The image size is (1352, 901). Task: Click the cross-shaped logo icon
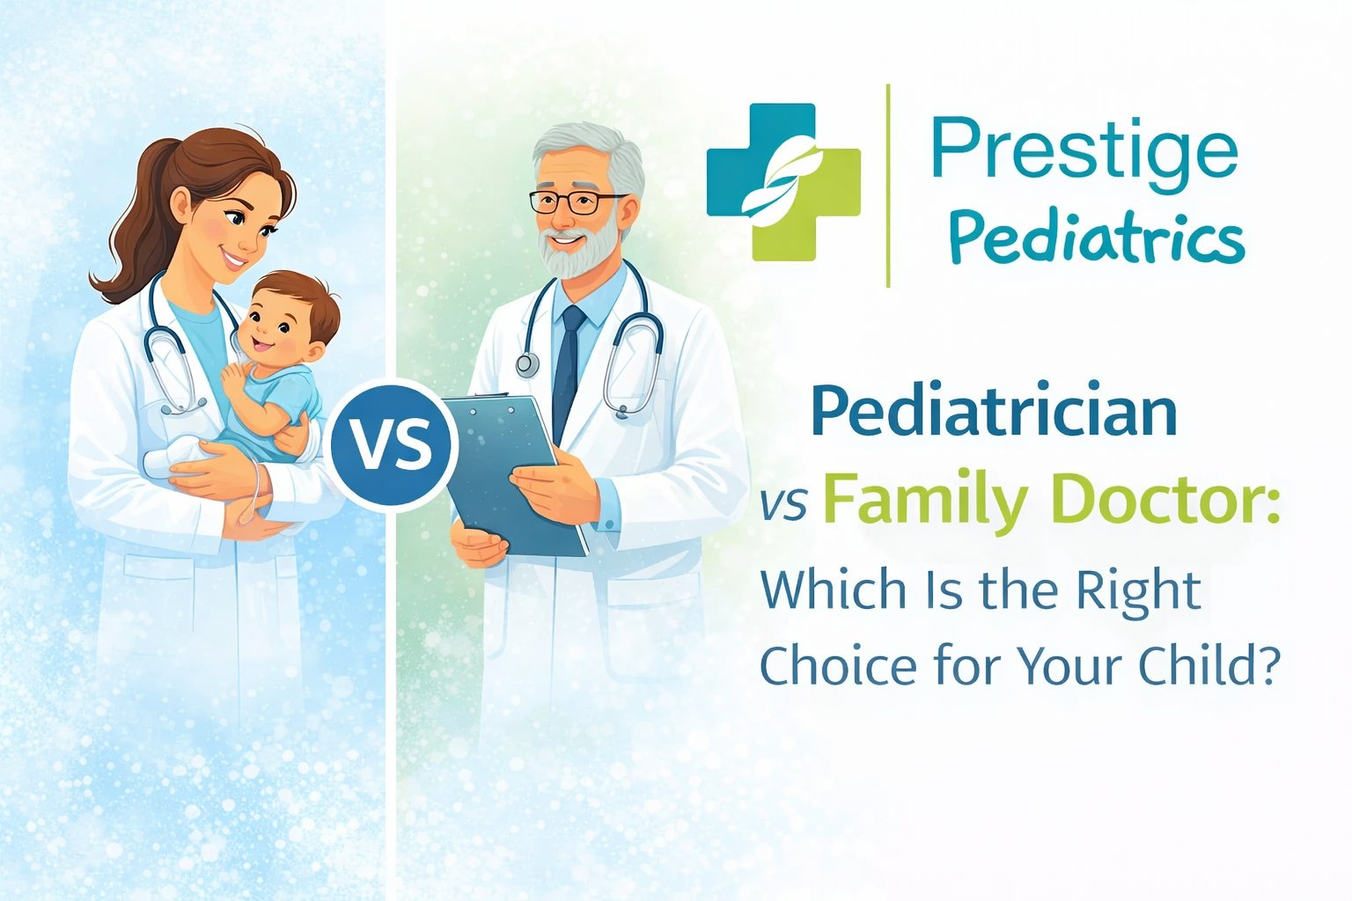point(783,182)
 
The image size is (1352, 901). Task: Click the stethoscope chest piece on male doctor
point(527,363)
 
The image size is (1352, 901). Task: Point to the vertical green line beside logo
point(888,185)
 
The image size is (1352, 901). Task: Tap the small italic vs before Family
point(784,507)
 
